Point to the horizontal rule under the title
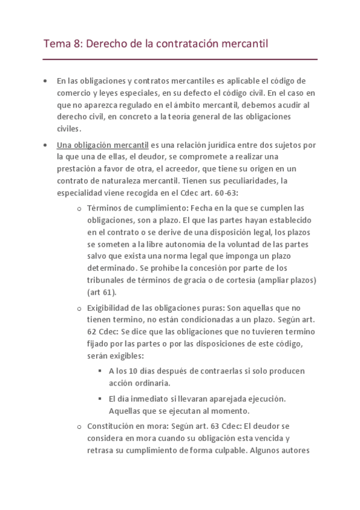(x=180, y=60)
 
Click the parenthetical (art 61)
(x=102, y=292)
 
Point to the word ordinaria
(x=151, y=382)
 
